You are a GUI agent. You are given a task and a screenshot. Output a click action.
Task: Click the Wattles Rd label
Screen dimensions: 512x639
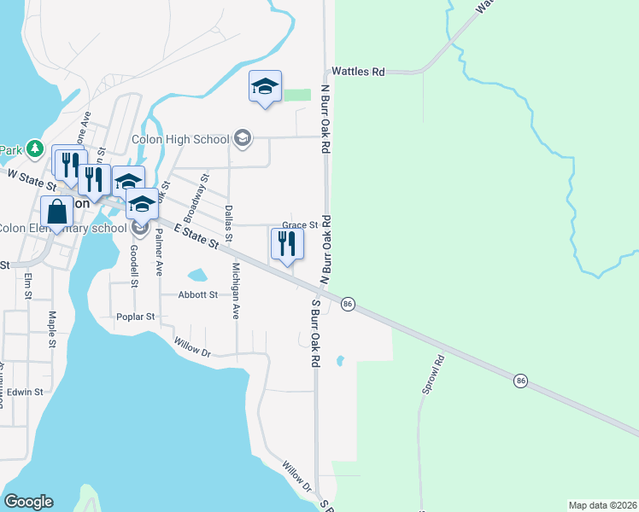tap(358, 73)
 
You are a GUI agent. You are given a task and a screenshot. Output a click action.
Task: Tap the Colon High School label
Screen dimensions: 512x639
tap(180, 140)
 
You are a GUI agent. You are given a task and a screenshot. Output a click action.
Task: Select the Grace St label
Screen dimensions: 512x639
tap(300, 225)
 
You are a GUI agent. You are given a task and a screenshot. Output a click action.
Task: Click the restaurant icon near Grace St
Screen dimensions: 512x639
tap(287, 243)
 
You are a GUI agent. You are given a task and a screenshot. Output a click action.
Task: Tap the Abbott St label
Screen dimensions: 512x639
tap(198, 294)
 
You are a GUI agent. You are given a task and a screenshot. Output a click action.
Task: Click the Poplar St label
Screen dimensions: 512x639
tap(136, 317)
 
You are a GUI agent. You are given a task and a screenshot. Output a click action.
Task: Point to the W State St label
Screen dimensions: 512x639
tap(31, 179)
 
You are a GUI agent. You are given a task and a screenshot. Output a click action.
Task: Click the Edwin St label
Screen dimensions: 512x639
tap(26, 392)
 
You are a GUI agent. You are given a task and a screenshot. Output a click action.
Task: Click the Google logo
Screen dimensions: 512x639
tap(27, 502)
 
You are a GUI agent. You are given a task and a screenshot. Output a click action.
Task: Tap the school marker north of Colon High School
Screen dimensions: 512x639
tap(265, 86)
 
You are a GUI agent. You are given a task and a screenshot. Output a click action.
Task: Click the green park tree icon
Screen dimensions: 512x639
tap(33, 149)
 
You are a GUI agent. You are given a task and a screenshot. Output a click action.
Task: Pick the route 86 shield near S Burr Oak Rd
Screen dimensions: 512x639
tap(348, 304)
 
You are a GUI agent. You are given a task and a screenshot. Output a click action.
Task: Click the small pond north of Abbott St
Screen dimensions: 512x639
tap(196, 276)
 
